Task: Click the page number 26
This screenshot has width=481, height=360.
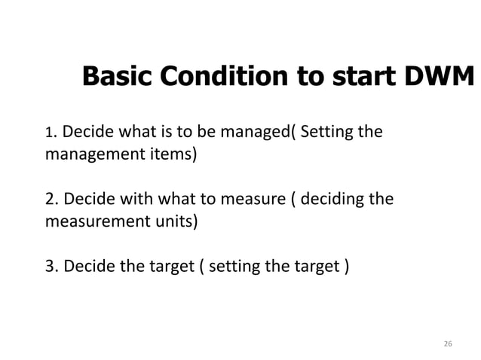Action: point(447,344)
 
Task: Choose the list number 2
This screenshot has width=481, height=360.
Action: point(51,201)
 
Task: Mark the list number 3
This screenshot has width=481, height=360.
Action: point(51,267)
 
